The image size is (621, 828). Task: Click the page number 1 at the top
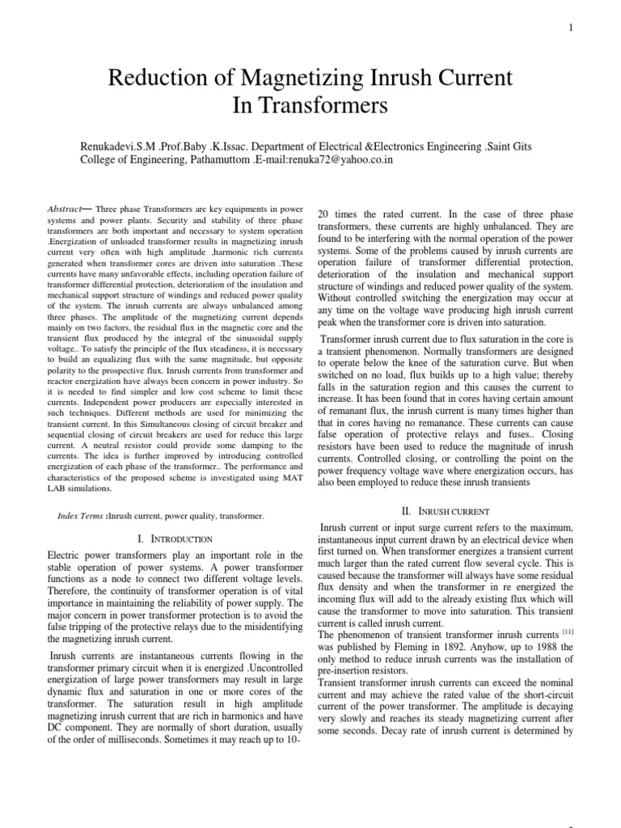pos(572,27)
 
